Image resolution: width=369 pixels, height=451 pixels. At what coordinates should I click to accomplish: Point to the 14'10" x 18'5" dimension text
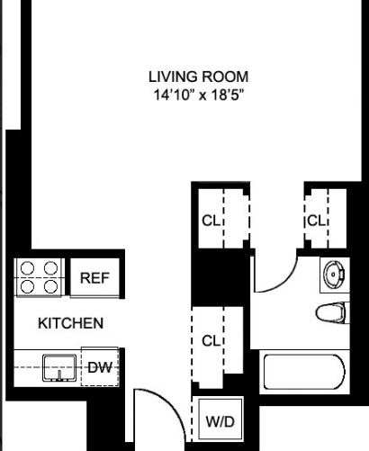197,93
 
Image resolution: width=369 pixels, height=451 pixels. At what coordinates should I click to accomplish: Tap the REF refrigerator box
94,278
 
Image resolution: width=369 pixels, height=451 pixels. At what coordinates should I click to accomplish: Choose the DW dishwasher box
98,366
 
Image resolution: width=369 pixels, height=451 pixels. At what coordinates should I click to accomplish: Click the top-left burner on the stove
28,268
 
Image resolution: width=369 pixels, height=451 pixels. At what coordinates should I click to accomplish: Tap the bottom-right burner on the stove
50,286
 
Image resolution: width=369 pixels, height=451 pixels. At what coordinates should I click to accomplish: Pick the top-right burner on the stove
50,268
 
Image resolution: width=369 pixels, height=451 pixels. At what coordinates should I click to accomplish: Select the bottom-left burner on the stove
28,286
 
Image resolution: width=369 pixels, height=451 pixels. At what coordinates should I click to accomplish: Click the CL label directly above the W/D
211,341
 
